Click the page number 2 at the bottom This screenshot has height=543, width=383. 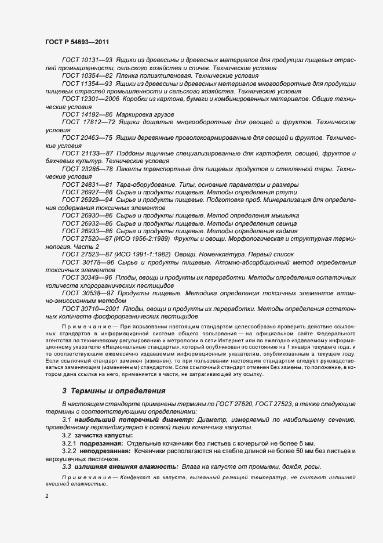(x=46, y=497)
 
